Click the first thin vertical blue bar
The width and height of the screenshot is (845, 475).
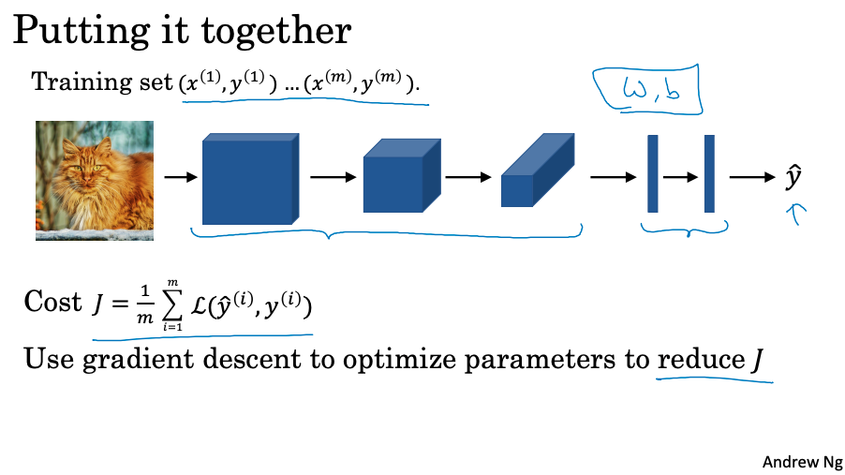(653, 174)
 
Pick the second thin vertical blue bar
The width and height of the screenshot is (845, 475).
(709, 174)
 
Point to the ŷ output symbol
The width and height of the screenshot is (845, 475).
(793, 178)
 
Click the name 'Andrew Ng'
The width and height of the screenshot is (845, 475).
(802, 461)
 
